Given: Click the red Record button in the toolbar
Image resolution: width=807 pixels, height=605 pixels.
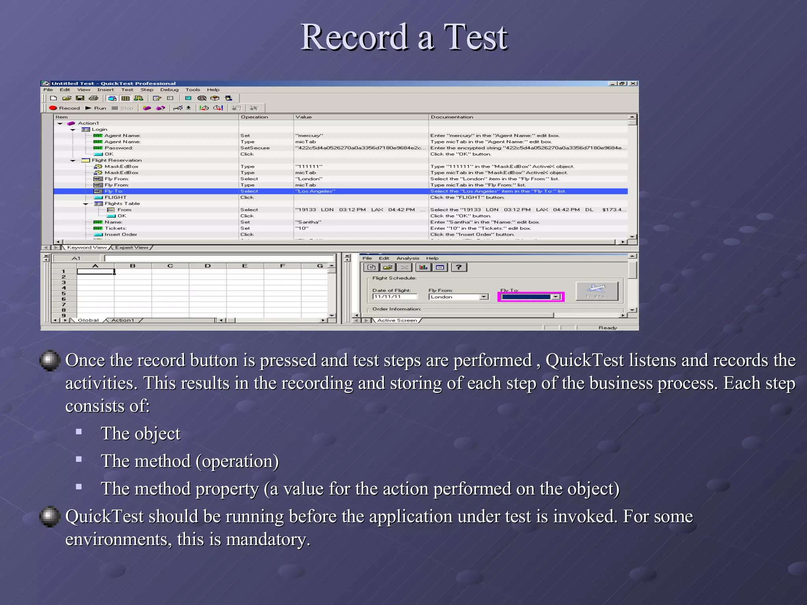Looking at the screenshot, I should (64, 108).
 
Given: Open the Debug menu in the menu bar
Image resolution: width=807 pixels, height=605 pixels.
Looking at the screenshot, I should (169, 90).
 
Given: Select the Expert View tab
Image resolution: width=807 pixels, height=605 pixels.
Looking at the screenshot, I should (132, 247).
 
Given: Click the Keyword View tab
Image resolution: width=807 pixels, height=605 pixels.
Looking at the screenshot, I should (87, 247).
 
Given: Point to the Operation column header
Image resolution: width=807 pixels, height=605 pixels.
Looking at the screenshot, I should (255, 117).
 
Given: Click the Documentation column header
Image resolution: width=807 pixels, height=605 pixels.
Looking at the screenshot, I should (452, 117).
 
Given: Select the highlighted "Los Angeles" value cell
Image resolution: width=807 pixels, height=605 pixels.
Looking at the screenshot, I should (315, 191).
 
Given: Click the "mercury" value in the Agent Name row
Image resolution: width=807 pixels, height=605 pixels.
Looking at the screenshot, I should (309, 135).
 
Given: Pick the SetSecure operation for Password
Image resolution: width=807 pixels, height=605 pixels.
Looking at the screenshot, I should (255, 148).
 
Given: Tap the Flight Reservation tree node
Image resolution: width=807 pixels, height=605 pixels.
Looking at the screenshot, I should (117, 160).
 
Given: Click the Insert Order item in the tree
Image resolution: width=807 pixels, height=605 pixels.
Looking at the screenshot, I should (121, 234).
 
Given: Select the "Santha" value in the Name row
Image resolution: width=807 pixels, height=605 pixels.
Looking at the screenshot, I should (309, 222).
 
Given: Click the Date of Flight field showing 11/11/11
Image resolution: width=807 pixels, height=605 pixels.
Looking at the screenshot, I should (394, 297).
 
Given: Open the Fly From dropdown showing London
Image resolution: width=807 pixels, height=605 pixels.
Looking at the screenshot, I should (484, 297).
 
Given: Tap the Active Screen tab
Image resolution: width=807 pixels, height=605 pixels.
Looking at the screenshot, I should (397, 320).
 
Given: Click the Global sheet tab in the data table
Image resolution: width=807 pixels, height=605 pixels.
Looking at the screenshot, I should (88, 320).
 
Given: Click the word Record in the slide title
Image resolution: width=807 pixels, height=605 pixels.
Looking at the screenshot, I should (354, 37).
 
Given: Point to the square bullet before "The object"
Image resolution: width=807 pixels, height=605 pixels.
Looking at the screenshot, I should (79, 432).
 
